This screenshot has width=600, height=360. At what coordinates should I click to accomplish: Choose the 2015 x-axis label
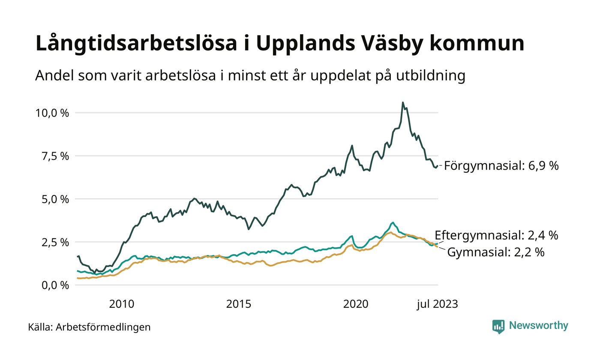238,304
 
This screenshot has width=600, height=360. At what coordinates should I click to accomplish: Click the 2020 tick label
356,304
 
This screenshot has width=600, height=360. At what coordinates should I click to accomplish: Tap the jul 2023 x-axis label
437,304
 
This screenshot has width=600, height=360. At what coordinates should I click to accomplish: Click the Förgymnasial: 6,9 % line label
501,166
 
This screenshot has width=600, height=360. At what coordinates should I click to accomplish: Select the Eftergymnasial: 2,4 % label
496,235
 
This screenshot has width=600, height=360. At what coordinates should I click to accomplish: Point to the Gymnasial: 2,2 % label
496,252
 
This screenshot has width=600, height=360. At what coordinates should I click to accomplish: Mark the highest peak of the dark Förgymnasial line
402,102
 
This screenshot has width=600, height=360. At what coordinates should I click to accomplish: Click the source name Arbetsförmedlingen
103,327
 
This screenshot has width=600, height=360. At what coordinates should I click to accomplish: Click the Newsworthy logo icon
498,327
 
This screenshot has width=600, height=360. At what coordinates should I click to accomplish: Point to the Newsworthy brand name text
538,326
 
